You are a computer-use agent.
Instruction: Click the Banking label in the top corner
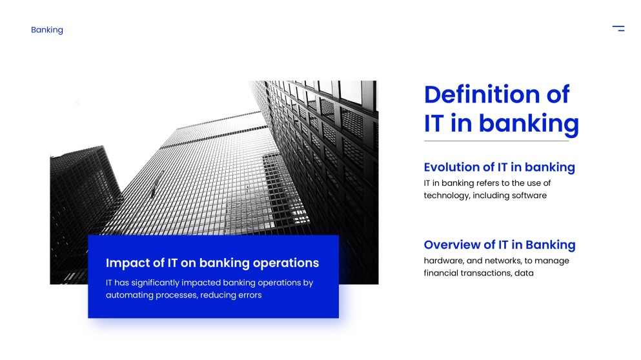[47, 30]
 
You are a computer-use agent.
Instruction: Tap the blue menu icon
[618, 28]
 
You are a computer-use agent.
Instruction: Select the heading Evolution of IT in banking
[499, 167]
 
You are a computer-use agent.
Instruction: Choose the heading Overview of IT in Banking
[500, 245]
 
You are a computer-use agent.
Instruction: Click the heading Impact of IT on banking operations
[212, 263]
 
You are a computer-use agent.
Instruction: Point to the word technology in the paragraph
[447, 195]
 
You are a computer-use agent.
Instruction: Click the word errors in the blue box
[250, 295]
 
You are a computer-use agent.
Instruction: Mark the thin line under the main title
[496, 141]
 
